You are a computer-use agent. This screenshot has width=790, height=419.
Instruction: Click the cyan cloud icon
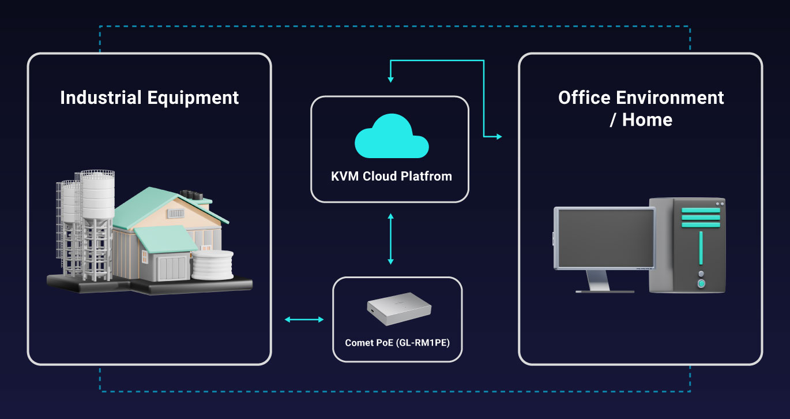[392, 136]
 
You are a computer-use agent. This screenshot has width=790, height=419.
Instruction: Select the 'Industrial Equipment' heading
[149, 98]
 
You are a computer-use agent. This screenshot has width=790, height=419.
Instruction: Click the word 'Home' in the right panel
[647, 119]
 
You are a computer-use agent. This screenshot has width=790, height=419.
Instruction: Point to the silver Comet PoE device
[399, 308]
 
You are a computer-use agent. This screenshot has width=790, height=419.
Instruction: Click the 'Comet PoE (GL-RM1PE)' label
[397, 343]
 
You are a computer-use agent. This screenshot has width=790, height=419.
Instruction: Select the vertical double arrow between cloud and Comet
[390, 239]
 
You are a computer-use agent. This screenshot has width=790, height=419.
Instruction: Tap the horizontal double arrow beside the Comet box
[304, 320]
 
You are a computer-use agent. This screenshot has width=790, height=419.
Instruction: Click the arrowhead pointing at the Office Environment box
[499, 136]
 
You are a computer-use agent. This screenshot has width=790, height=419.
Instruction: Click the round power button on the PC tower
[701, 283]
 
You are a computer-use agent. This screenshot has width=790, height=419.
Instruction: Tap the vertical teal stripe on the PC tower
[701, 248]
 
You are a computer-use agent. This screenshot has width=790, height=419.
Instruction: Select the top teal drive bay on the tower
[701, 211]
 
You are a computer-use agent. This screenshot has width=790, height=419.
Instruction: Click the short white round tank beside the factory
[212, 264]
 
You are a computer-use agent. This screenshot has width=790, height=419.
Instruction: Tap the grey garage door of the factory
[172, 267]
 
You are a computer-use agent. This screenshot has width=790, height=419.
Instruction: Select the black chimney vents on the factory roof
[191, 195]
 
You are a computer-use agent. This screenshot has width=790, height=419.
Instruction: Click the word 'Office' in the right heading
[584, 98]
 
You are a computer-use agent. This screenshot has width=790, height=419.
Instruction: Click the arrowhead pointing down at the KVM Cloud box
[390, 80]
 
